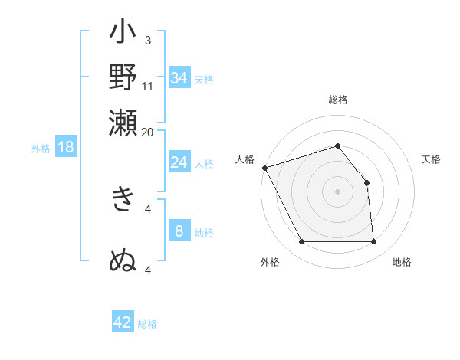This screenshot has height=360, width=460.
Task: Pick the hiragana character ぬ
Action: (x=123, y=260)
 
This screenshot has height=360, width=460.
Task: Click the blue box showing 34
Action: (x=179, y=78)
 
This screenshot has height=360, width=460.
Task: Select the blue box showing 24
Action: (x=179, y=162)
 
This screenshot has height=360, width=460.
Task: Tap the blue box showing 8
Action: (x=179, y=231)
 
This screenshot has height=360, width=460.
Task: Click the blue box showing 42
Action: (x=123, y=322)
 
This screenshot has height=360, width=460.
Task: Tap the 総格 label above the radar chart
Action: (x=338, y=100)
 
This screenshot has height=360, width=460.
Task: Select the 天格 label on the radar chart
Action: (x=431, y=159)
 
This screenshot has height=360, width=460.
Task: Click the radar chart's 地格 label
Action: (x=402, y=262)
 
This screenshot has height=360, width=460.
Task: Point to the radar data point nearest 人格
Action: (x=264, y=168)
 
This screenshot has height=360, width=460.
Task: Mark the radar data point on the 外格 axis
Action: (x=302, y=242)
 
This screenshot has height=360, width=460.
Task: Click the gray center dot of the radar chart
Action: (x=338, y=191)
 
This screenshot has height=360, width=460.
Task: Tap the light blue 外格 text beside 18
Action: (x=40, y=149)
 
